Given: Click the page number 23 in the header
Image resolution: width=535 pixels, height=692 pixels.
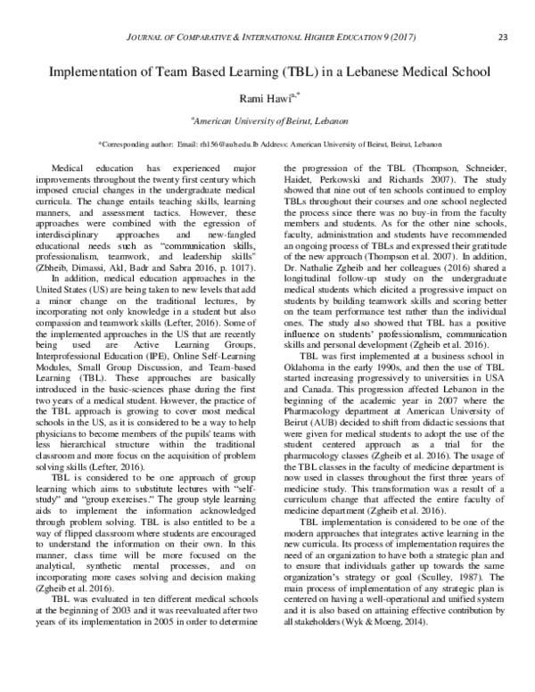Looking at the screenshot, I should (503, 36).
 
